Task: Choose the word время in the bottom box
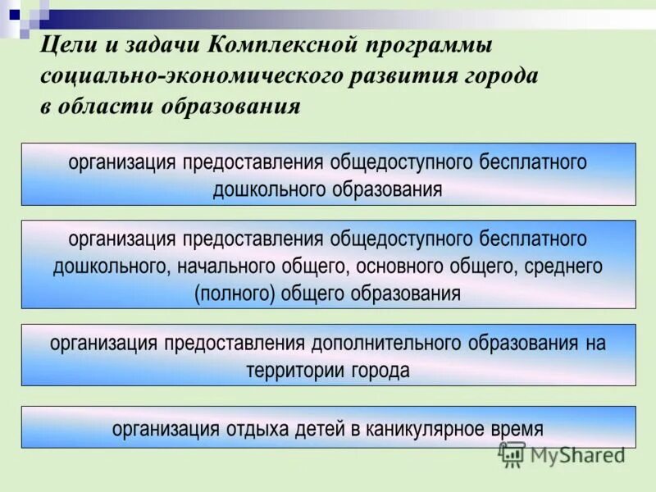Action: pyautogui.click(x=518, y=428)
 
